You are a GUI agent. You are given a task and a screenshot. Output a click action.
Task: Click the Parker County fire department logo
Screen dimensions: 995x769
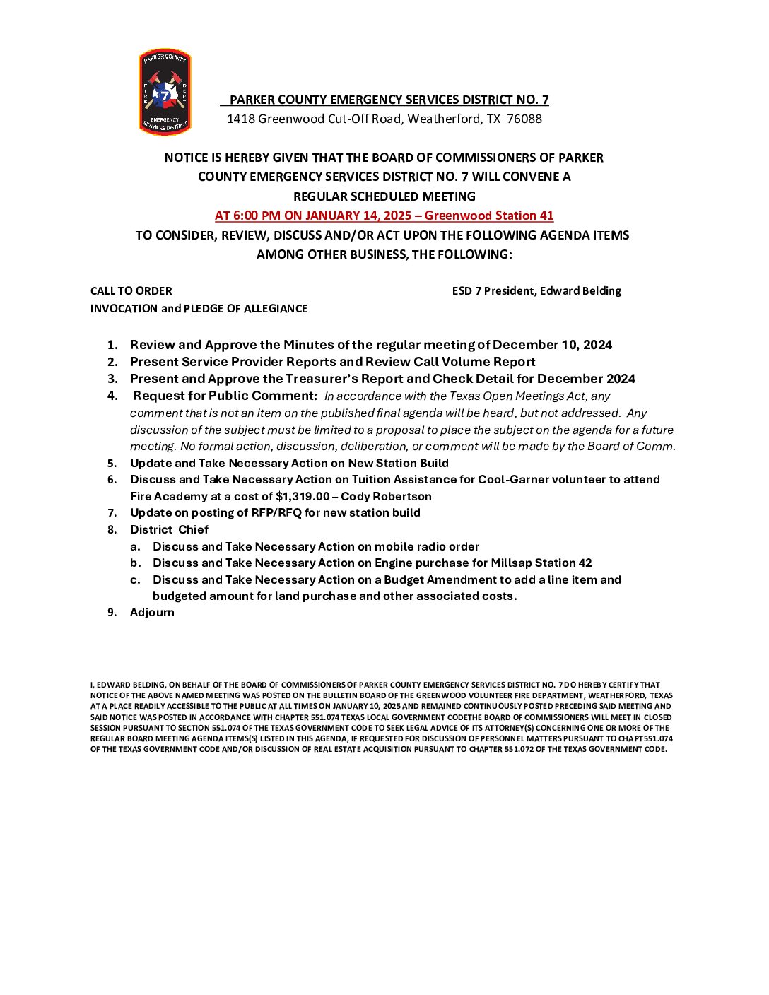point(164,92)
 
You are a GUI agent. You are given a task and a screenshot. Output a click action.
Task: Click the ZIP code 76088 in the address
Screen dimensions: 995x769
point(524,119)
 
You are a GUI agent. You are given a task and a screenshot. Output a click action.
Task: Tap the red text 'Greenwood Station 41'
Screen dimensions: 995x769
point(489,216)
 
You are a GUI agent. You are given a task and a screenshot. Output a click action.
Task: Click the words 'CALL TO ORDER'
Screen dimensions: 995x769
point(131,290)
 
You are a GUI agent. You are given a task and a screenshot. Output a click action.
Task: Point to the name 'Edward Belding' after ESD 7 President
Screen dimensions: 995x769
point(580,290)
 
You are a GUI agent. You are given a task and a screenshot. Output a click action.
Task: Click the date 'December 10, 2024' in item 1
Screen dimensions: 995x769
point(552,345)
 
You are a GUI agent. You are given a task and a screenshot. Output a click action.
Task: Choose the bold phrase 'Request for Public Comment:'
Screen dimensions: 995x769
point(225,396)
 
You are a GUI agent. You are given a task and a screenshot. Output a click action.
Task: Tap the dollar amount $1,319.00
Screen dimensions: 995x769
point(303,496)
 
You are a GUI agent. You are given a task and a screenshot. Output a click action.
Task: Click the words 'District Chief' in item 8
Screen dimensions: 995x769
point(169,529)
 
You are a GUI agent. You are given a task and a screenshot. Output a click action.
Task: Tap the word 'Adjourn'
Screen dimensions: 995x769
point(152,612)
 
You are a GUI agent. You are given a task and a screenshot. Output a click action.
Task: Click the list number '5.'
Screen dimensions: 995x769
point(112,463)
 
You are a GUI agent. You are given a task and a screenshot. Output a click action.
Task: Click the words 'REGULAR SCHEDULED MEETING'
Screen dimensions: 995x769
point(384,196)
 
